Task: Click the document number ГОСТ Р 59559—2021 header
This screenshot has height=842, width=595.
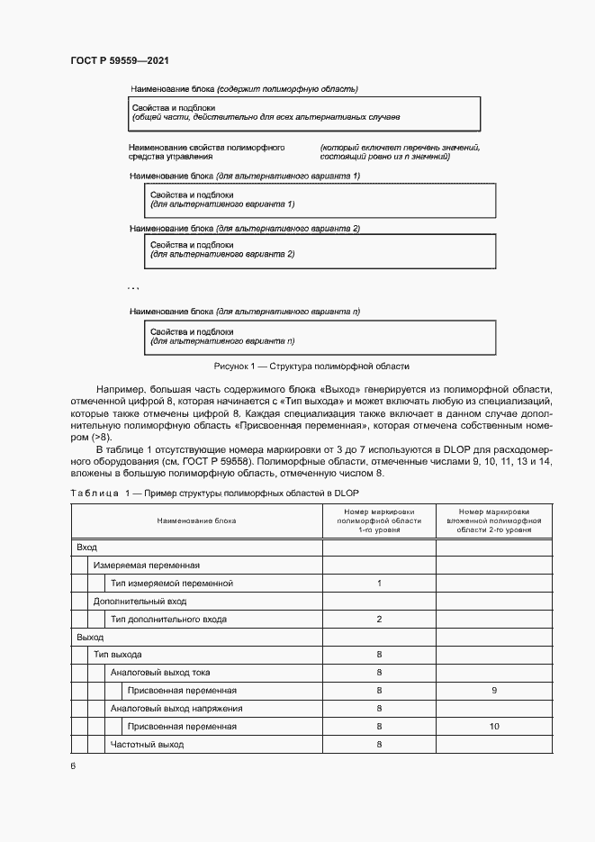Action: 119,60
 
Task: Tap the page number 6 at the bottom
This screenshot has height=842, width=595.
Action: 73,766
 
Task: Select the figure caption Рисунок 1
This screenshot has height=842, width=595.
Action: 311,367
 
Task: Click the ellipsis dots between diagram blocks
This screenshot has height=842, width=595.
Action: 132,287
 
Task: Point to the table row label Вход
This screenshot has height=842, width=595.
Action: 87,548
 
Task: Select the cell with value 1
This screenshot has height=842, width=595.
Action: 379,584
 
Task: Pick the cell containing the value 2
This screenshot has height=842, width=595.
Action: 379,619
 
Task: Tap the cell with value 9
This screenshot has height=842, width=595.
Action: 493,691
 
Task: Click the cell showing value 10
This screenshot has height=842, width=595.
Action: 493,726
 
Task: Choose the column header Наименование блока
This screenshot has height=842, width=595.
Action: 196,521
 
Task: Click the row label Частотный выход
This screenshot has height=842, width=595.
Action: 147,745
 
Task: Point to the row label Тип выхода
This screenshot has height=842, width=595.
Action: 117,655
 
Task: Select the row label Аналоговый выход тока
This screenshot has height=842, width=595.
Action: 160,673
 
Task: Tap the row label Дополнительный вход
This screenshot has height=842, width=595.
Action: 140,601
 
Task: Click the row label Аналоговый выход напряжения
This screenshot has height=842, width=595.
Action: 170,709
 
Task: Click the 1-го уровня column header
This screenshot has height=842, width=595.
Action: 379,521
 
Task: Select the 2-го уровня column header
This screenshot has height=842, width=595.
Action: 493,521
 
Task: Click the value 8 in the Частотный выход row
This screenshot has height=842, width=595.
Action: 379,745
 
